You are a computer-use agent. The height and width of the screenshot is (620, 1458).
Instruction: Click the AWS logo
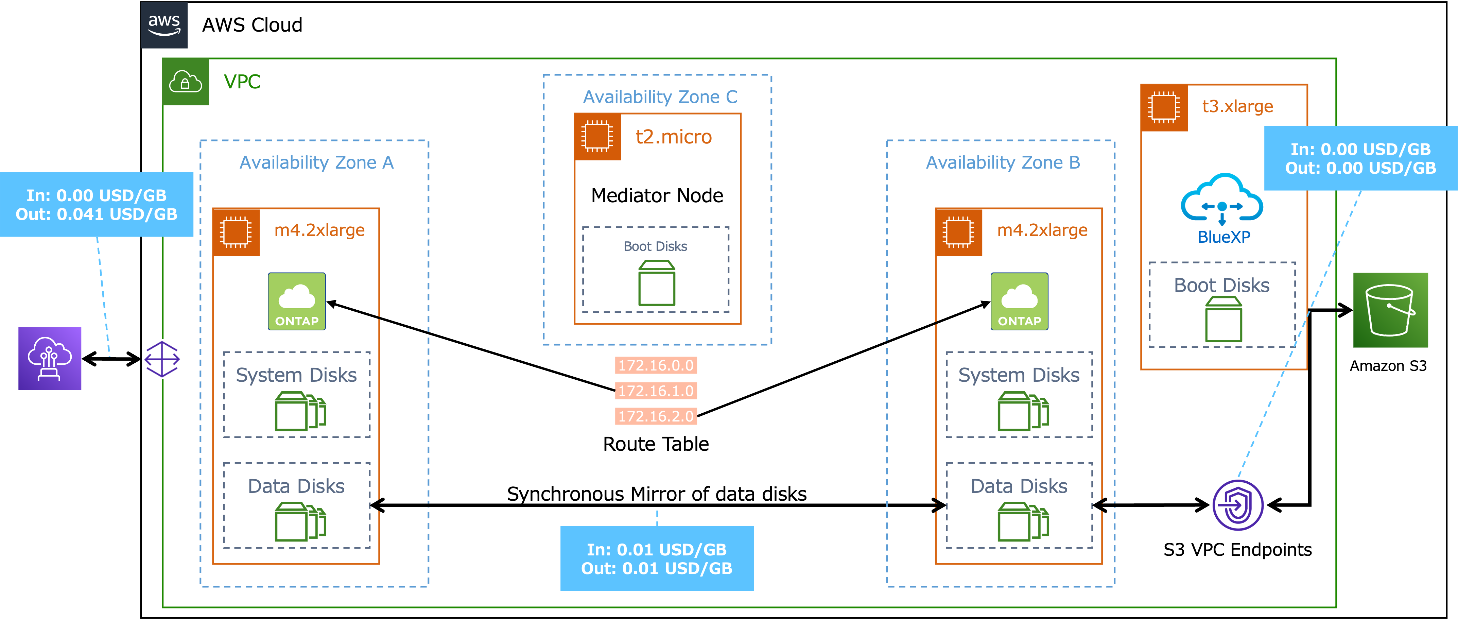point(164,25)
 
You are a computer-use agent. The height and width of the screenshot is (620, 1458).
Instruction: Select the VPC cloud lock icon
point(186,82)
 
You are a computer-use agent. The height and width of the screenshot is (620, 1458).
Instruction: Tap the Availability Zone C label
point(660,97)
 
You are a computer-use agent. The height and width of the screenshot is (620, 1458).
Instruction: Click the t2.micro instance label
point(674,137)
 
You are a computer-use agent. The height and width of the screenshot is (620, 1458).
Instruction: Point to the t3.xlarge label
point(1237,106)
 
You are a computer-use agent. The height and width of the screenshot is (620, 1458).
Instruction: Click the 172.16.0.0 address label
point(656,365)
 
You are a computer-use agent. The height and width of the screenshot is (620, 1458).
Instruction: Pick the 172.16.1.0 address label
point(656,391)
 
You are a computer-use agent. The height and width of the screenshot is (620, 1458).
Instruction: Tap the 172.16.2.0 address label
point(656,416)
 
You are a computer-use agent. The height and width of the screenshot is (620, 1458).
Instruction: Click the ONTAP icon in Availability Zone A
point(297,301)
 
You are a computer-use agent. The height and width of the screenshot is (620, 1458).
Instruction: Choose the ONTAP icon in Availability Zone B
point(1019,301)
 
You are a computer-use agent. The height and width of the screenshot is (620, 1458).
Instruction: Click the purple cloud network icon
point(50,358)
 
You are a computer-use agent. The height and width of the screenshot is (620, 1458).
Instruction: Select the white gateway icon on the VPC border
point(162,359)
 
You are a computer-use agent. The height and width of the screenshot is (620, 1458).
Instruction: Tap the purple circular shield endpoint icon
point(1238,505)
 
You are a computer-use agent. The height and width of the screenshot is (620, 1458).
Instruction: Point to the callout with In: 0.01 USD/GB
point(657,558)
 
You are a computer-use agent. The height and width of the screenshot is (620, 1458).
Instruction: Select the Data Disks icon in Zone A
point(300,522)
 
